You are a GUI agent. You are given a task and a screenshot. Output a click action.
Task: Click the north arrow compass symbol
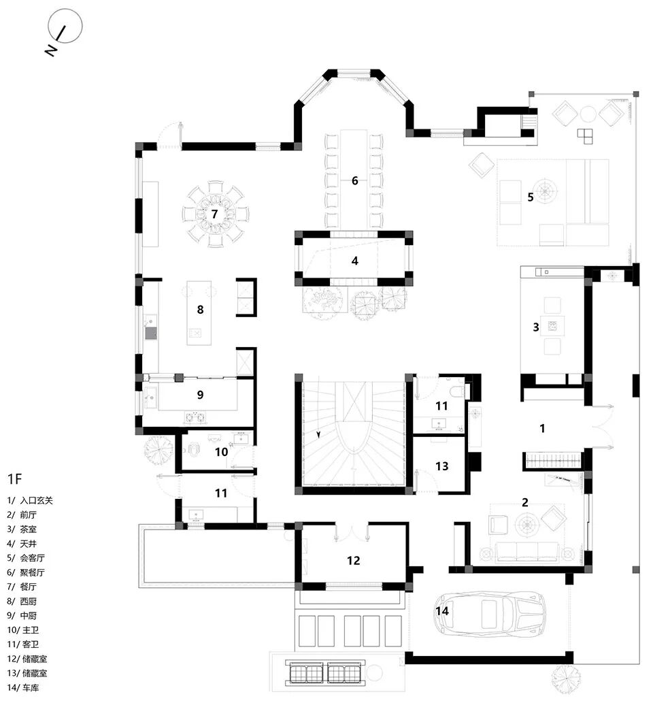point(64,28)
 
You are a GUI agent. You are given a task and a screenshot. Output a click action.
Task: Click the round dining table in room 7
point(214,214)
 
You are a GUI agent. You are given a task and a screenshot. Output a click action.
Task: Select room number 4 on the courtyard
point(354,261)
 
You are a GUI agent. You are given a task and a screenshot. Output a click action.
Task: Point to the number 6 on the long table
point(354,181)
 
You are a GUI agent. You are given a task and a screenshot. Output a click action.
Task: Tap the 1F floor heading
point(15,478)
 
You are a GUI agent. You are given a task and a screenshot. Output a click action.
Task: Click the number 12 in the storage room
point(353,561)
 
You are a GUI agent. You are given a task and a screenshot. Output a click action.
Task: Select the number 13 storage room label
point(442,466)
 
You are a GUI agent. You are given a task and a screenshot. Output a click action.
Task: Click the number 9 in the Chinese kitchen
point(200,395)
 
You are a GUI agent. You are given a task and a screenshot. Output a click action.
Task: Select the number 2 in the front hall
point(524,503)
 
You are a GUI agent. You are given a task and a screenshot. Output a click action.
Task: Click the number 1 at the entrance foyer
point(542,429)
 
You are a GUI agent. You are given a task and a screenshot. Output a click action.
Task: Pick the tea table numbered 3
point(552,327)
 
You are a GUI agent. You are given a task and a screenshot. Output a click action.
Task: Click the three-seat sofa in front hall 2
point(520,551)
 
